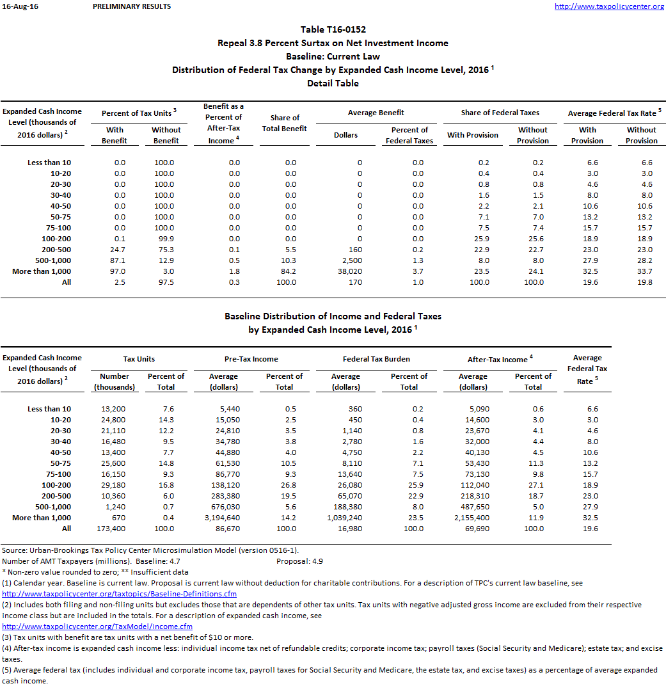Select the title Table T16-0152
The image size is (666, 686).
click(x=333, y=29)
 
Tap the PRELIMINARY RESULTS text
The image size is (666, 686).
click(x=132, y=6)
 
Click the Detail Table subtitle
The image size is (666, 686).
click(x=333, y=83)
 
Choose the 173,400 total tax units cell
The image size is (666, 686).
click(x=111, y=529)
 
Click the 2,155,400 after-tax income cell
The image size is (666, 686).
click(x=472, y=518)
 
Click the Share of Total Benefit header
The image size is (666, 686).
click(x=285, y=123)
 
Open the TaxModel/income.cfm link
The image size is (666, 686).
click(x=97, y=626)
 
